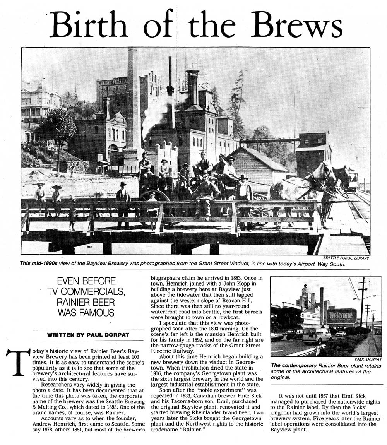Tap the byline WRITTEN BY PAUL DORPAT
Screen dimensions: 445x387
(88, 334)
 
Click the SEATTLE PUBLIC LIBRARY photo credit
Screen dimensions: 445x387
(346, 258)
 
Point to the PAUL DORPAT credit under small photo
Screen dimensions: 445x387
(368, 359)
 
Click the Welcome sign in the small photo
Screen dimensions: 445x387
(341, 316)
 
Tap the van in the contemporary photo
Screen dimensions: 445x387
(316, 335)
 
